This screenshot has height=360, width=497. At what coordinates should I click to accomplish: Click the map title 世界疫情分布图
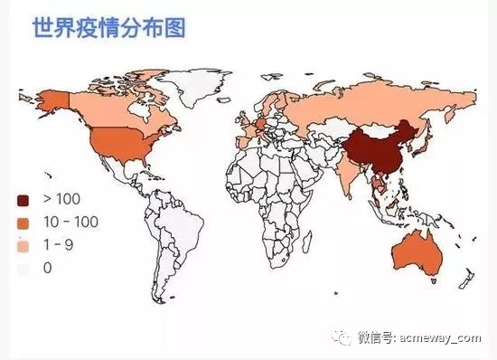108,29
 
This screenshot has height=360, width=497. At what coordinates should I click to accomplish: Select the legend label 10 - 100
70,223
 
